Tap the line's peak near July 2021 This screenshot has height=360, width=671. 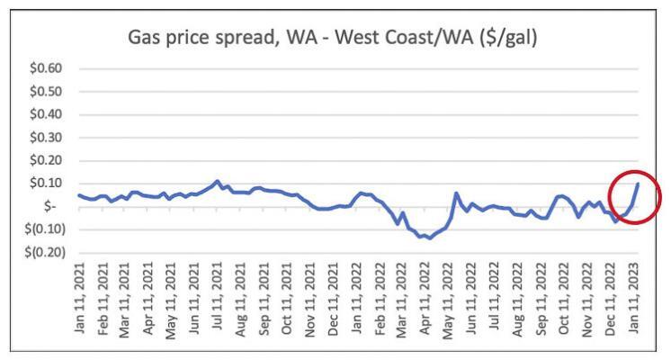click(x=218, y=181)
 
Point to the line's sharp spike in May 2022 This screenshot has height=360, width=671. click(x=456, y=193)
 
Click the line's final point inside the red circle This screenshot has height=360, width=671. click(x=638, y=184)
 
